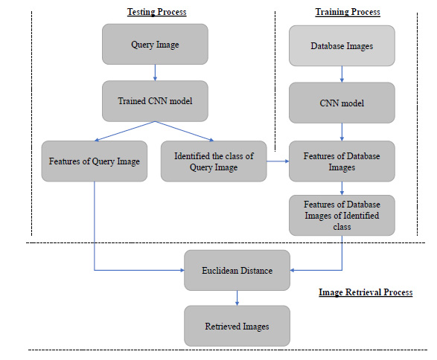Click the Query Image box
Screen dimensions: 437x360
(155, 45)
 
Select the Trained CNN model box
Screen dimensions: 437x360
(155, 101)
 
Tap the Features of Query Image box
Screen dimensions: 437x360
(95, 161)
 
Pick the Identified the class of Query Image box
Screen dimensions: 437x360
(214, 161)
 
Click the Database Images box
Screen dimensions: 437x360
(342, 45)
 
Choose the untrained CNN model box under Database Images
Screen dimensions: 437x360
(342, 103)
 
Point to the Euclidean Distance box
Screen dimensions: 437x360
(237, 270)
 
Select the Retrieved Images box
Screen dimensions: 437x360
(237, 326)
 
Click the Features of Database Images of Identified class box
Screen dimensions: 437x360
(342, 215)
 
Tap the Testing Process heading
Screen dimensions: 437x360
(157, 12)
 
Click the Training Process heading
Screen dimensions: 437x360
(348, 12)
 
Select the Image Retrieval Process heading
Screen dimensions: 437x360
(366, 292)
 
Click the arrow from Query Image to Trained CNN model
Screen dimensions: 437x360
(155, 73)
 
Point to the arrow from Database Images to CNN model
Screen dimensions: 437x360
(342, 74)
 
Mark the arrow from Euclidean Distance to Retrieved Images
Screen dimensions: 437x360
(237, 298)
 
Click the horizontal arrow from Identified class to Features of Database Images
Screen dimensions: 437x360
(278, 161)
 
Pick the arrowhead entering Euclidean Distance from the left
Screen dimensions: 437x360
(182, 270)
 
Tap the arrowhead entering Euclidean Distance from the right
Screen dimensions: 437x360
(292, 270)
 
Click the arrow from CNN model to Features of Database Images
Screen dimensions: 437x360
(342, 132)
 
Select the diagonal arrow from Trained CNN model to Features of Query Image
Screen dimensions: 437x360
(125, 131)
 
